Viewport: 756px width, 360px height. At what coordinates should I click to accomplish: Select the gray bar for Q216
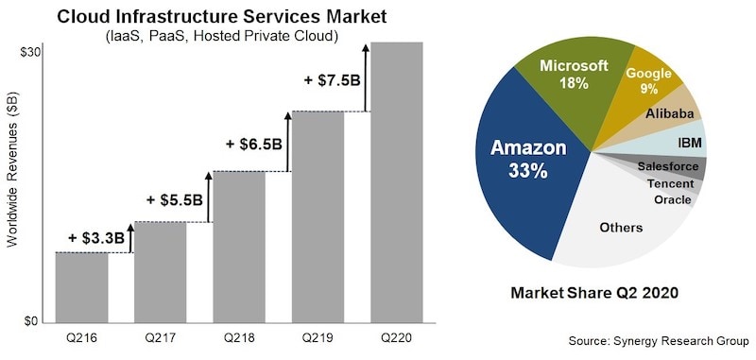[81, 287]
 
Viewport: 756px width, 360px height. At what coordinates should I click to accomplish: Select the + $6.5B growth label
[254, 144]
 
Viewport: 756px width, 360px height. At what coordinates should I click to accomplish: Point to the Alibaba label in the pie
[670, 114]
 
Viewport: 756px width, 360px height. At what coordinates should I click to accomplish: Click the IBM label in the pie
[689, 143]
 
